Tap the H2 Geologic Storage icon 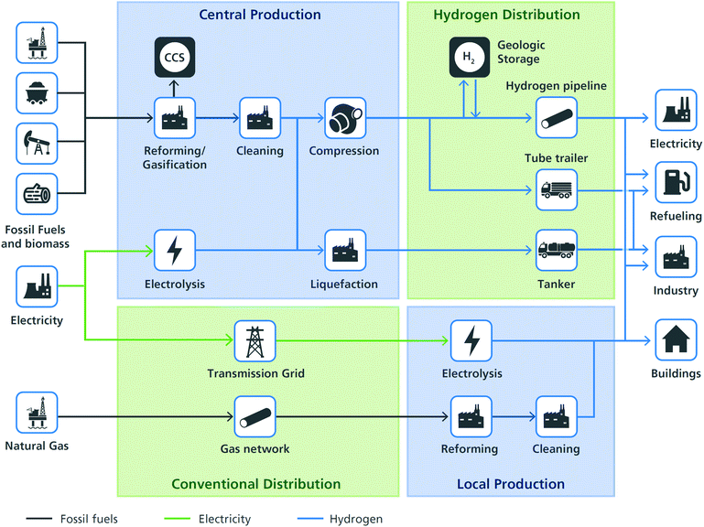tap(469, 59)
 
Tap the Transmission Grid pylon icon tap(255, 340)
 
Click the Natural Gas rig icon tap(37, 412)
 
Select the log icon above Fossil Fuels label tap(37, 193)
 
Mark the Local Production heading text tap(510, 484)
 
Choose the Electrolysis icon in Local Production tap(471, 340)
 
